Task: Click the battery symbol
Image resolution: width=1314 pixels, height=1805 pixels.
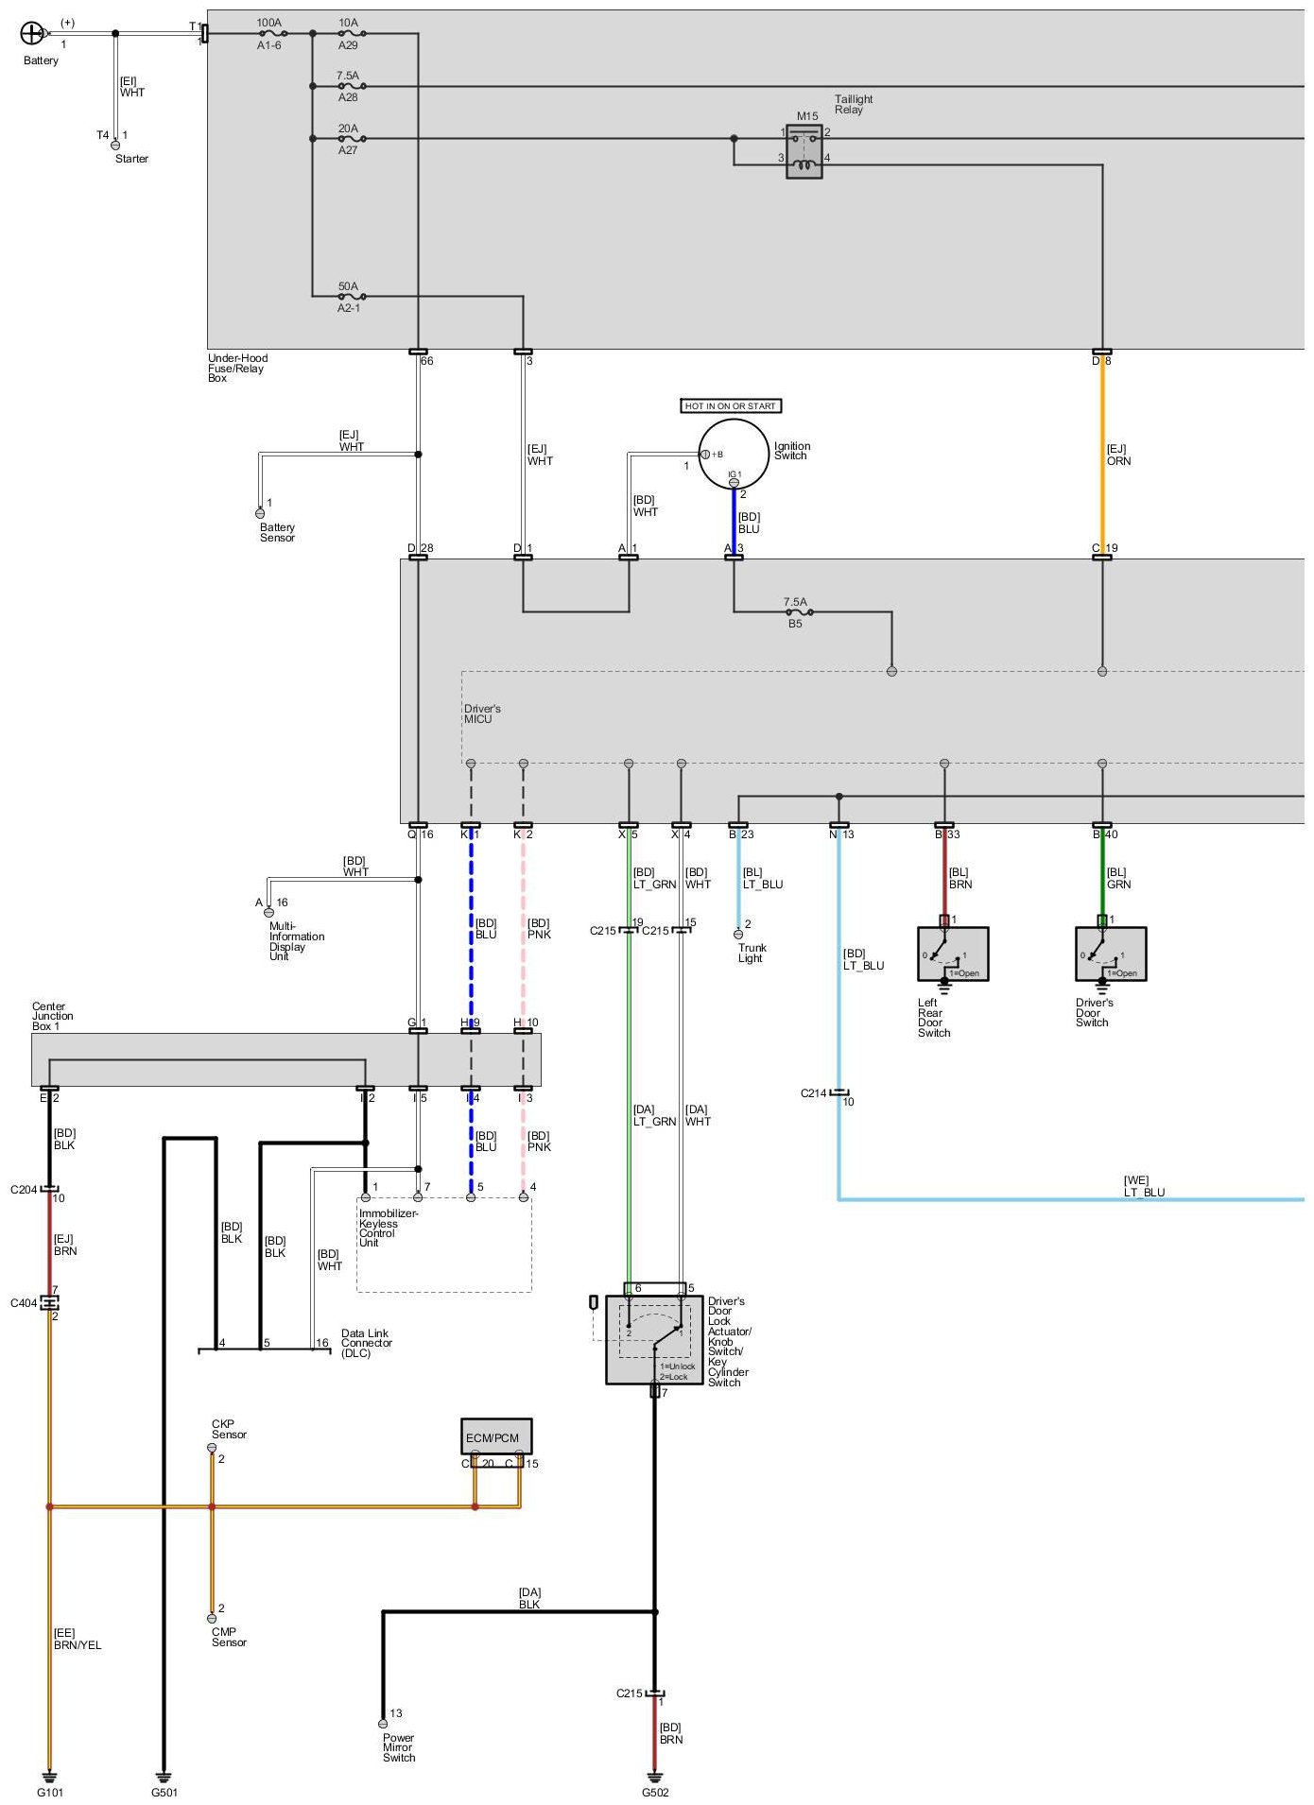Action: [x=31, y=34]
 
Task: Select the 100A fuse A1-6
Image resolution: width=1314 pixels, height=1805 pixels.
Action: [x=269, y=33]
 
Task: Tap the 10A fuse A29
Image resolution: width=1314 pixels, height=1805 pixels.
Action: [x=349, y=33]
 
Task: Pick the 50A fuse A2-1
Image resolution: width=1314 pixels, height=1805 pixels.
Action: [x=349, y=297]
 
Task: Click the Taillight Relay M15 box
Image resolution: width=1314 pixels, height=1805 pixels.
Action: [x=804, y=151]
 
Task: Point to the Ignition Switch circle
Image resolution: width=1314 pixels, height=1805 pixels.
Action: [x=734, y=455]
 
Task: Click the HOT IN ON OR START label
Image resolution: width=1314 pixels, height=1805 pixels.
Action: [x=731, y=406]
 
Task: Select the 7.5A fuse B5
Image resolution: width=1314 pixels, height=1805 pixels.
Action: [x=796, y=612]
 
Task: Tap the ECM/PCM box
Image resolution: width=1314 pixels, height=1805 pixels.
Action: [x=496, y=1436]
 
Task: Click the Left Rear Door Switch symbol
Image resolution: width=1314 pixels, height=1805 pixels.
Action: [x=953, y=954]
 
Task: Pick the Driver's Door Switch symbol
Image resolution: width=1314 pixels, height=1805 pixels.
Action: [x=1111, y=954]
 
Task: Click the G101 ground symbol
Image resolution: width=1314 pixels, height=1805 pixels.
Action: [x=50, y=1776]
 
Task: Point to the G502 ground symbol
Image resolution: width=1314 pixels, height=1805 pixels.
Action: [x=655, y=1776]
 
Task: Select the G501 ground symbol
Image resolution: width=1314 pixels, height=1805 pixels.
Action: [x=164, y=1776]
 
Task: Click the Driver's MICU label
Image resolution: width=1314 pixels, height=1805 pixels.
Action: [x=482, y=713]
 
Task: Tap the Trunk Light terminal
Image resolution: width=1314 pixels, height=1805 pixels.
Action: [x=738, y=935]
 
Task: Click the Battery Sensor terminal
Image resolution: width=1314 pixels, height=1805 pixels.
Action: [x=260, y=513]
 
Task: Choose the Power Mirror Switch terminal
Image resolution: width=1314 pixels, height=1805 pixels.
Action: [x=383, y=1724]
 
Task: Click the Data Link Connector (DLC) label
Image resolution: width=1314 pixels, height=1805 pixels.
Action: [x=367, y=1343]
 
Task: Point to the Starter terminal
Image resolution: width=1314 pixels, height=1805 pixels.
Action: [x=115, y=145]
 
